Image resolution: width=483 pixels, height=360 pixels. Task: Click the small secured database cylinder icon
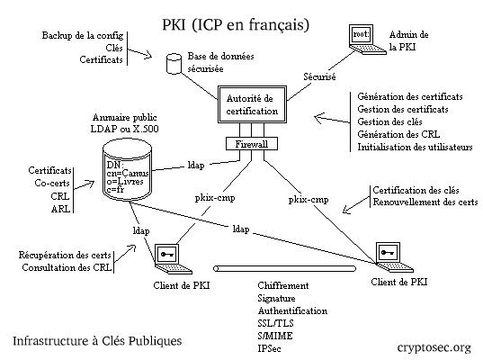point(174,62)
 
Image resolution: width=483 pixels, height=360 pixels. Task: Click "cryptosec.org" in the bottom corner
point(434,346)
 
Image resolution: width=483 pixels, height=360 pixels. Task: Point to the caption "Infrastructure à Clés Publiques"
point(97,341)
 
